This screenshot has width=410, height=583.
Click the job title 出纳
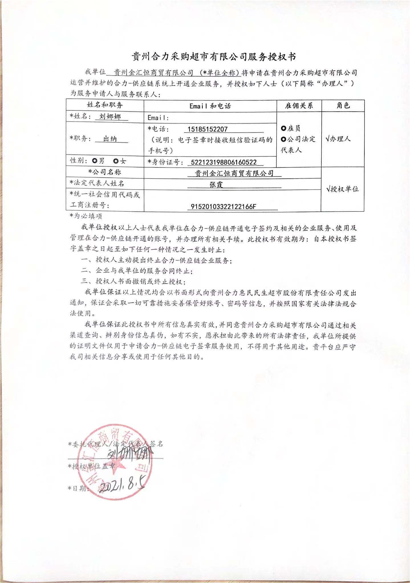tap(110, 139)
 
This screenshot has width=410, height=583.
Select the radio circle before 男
tap(95, 161)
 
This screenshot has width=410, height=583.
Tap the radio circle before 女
tap(116, 161)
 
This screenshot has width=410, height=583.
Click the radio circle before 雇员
tap(283, 128)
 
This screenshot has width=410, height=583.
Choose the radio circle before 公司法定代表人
tap(283, 139)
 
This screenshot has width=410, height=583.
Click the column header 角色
tap(343, 106)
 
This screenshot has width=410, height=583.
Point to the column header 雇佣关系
tap(299, 106)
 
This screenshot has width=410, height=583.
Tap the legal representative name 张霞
tap(216, 184)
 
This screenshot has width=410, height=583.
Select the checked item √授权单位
tap(342, 189)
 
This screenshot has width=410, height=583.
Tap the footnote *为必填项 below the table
tap(86, 216)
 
